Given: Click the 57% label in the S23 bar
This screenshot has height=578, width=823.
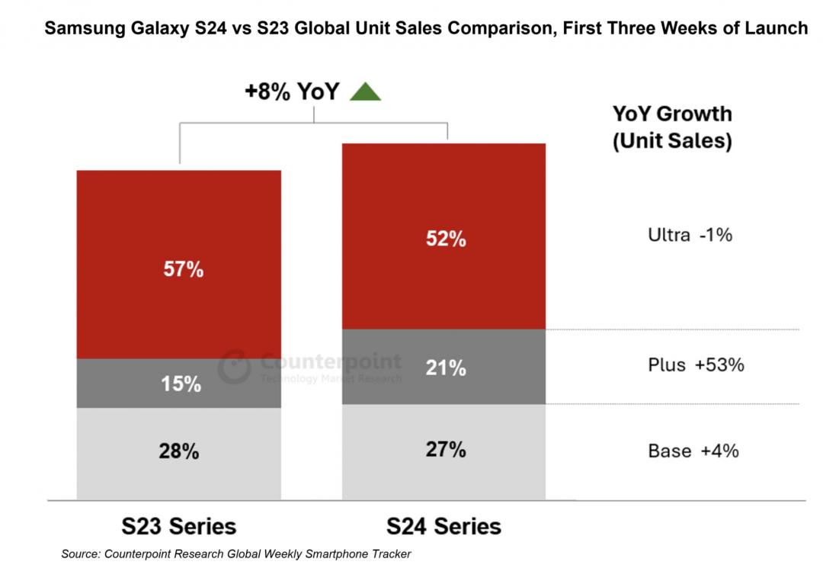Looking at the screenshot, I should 183,269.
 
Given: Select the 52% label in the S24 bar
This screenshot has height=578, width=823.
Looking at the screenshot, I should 446,239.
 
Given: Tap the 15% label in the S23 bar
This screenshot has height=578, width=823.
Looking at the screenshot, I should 181,384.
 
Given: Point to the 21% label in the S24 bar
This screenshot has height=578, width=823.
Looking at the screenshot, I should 446,368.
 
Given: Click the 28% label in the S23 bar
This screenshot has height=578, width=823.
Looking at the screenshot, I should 179,451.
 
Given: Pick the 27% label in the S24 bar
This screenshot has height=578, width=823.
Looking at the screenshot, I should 446,449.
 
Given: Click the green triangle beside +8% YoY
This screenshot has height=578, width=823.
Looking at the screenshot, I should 365,92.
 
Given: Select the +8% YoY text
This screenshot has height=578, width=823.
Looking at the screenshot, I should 292,92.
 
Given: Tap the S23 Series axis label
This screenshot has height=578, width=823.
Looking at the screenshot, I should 179,526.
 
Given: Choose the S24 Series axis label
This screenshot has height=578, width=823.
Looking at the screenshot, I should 444,526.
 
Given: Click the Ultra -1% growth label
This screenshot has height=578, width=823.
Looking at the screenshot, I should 690,235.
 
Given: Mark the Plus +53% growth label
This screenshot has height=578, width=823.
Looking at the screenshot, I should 695,364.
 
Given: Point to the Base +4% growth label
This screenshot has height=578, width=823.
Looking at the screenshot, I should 693,451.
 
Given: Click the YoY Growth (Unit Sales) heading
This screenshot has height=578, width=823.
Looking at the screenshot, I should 672,127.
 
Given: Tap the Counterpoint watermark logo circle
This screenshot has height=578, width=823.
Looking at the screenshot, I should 235,367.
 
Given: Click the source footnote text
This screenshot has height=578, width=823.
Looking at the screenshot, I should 236,554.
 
